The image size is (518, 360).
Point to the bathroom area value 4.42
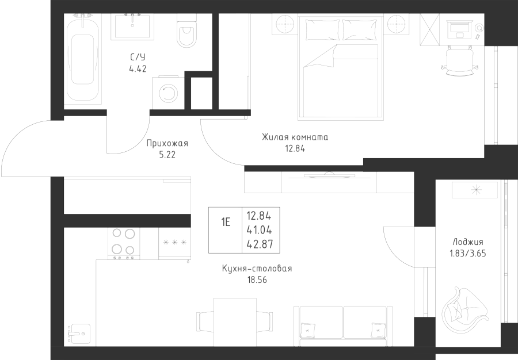tap(138, 67)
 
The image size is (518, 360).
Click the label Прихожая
tap(167, 144)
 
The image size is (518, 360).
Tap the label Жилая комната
tap(294, 137)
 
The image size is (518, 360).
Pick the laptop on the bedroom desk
tap(459, 27)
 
